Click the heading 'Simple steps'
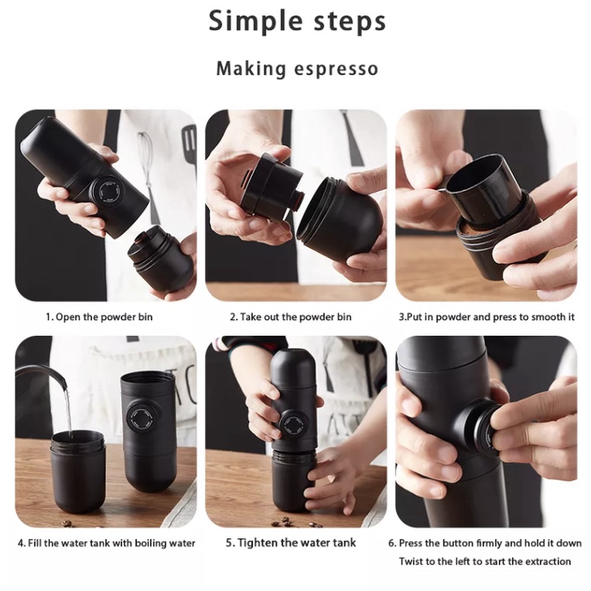[x=297, y=21]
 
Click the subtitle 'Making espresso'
[x=297, y=69]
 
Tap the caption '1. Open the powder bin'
[x=99, y=317]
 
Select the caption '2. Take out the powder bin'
[x=291, y=317]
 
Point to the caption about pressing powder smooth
[x=487, y=317]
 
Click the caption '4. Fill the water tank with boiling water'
[x=106, y=543]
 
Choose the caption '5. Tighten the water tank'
[x=291, y=543]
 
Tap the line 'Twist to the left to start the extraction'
[x=485, y=561]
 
